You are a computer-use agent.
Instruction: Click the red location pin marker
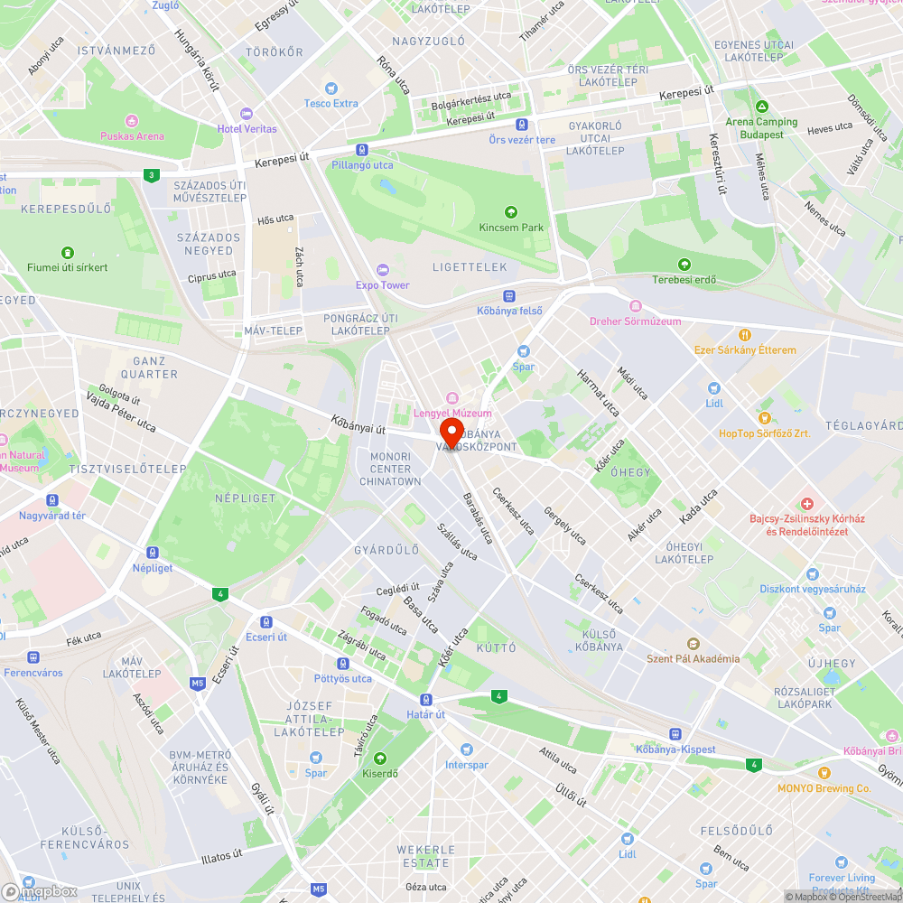451,430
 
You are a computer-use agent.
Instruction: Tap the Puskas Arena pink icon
132,121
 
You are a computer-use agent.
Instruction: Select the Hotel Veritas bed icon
247,114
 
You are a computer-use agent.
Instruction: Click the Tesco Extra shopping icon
331,88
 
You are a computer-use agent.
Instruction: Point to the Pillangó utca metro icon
361,150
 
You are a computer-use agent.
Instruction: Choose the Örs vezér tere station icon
522,125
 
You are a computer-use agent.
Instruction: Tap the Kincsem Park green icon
511,212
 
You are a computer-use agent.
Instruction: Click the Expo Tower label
382,285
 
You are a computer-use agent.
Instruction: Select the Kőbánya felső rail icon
509,295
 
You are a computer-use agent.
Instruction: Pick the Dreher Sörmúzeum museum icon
635,305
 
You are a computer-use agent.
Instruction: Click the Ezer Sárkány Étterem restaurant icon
745,334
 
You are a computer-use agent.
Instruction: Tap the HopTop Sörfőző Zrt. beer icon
765,418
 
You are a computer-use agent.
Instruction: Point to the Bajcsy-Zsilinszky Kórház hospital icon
806,503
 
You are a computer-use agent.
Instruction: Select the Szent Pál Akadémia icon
693,644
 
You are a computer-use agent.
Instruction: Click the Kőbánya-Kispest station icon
675,734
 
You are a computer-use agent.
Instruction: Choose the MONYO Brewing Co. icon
824,773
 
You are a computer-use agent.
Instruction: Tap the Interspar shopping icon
466,749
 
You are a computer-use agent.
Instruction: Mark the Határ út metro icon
425,699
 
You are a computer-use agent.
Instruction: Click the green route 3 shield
151,174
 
